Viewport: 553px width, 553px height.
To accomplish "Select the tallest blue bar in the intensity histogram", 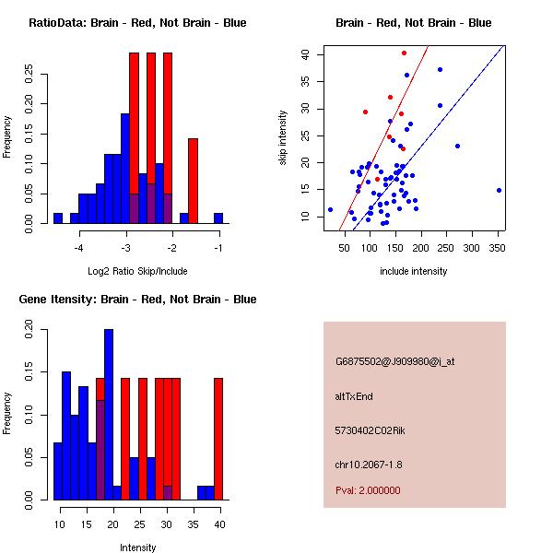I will click(109, 415).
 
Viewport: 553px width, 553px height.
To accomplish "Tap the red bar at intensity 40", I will click(218, 439).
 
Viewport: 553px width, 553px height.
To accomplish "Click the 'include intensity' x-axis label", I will click(413, 271).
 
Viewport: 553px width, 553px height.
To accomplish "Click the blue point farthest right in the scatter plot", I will click(499, 190).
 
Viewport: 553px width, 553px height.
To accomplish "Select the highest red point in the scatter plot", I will click(404, 53).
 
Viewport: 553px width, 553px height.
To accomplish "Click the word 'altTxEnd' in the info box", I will click(354, 395).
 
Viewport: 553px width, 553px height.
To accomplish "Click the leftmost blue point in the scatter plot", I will click(330, 209).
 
